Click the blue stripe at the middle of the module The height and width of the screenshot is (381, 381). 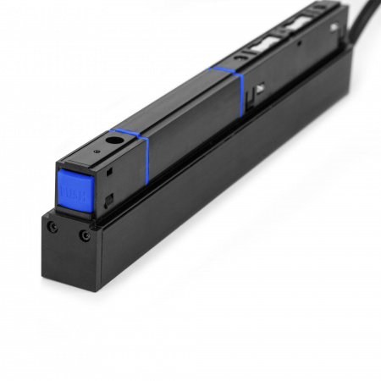tap(229, 82)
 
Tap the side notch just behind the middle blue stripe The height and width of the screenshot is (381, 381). tap(257, 91)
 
